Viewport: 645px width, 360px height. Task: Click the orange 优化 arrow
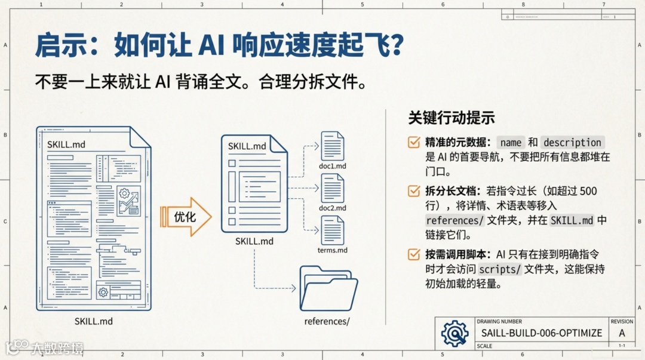point(186,217)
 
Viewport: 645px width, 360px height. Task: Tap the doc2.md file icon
point(333,188)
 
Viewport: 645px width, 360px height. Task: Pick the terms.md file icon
point(333,230)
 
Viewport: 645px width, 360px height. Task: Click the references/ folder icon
point(328,289)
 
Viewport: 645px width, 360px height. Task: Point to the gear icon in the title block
point(454,333)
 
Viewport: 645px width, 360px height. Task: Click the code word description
point(572,143)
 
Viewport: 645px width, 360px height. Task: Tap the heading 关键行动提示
point(451,117)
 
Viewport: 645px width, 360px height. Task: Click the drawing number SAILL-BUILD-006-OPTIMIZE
point(541,333)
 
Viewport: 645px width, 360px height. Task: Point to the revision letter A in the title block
point(622,333)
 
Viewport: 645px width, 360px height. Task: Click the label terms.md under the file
point(333,250)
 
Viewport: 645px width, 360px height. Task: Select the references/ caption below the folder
point(327,321)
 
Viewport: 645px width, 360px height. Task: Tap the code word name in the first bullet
point(511,143)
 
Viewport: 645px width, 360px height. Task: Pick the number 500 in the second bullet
point(588,191)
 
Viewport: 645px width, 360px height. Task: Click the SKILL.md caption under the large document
point(94,321)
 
